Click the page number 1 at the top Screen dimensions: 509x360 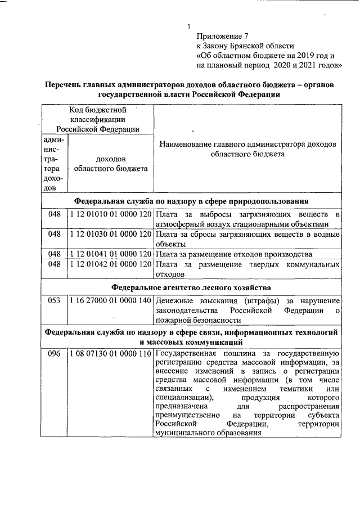(x=189, y=26)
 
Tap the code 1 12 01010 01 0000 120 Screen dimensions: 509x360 (x=111, y=214)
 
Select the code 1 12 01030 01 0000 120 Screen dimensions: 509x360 (x=111, y=233)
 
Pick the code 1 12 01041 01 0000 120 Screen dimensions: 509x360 (x=111, y=253)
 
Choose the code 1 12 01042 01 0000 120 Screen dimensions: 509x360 (x=111, y=263)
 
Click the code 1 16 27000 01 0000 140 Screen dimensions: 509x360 (x=111, y=301)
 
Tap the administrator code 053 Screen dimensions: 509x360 (x=54, y=301)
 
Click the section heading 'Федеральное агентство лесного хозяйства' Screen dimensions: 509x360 (x=191, y=287)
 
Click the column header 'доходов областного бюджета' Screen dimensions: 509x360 (x=111, y=164)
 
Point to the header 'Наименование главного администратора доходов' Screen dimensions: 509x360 (x=247, y=144)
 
